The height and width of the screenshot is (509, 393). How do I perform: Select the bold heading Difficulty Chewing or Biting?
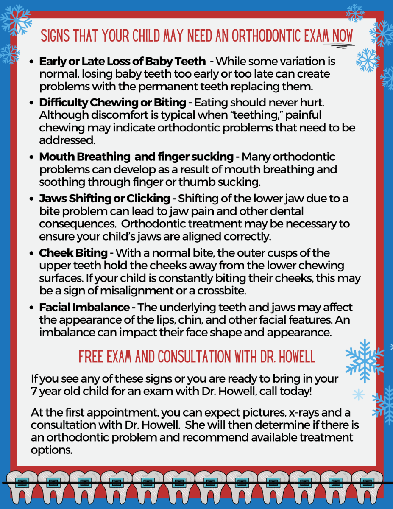tap(112, 103)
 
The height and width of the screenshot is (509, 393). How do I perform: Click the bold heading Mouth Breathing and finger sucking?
tap(136, 157)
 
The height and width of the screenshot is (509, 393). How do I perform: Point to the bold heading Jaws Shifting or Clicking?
tap(104, 198)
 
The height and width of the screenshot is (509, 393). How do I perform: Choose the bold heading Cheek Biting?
tap(73, 253)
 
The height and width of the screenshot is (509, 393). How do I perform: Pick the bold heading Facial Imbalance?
tap(84, 308)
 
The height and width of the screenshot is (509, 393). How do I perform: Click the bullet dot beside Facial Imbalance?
tap(32, 308)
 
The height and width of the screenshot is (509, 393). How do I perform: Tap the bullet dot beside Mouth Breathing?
tap(32, 157)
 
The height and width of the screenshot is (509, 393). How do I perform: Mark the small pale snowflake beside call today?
tap(358, 395)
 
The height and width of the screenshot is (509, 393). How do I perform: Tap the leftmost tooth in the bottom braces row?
tap(21, 484)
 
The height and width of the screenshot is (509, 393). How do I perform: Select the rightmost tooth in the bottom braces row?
tap(367, 484)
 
